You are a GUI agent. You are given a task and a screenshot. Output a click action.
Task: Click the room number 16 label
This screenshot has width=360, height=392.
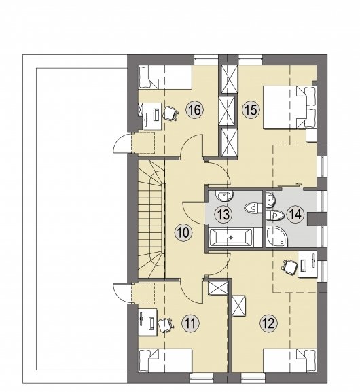[x=195, y=110]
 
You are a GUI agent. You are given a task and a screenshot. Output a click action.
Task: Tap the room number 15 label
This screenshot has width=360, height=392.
[x=251, y=110]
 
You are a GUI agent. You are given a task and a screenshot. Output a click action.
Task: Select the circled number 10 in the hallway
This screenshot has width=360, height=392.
[x=183, y=232]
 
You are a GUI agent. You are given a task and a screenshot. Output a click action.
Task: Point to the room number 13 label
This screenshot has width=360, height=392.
[x=223, y=214]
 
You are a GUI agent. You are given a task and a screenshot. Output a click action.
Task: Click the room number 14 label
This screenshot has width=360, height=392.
[x=295, y=214]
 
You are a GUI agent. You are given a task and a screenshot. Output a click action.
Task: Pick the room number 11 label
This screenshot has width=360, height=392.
[x=190, y=323]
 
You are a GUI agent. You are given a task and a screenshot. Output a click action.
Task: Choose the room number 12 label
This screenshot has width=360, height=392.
[x=269, y=323]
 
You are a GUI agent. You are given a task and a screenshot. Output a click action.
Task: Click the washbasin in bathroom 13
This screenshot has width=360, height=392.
[x=225, y=196]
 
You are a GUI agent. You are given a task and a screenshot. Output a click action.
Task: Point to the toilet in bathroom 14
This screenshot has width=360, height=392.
[x=275, y=215]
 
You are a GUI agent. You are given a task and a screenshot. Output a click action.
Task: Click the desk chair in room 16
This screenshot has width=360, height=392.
[x=170, y=113]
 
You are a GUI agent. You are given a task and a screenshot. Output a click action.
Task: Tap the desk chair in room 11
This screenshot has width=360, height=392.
[x=166, y=325]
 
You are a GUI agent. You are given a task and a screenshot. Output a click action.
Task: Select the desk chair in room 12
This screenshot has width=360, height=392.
[x=290, y=267]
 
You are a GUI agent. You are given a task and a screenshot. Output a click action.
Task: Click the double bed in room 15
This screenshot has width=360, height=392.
[x=290, y=107]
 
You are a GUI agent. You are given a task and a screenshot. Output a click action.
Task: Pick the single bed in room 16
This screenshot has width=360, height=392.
[x=165, y=77]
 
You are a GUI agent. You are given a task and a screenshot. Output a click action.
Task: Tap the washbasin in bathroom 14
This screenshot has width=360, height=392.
[x=270, y=200]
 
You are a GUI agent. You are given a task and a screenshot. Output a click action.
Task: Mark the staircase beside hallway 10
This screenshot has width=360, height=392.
[x=151, y=219]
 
